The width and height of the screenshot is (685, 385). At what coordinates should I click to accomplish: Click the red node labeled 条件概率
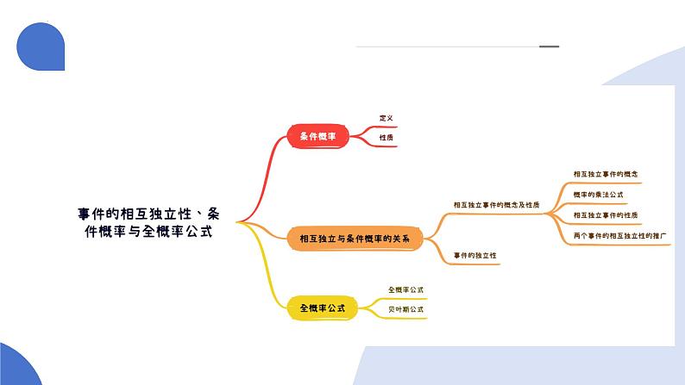(317, 136)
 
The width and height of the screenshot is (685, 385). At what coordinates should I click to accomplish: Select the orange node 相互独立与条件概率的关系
(355, 238)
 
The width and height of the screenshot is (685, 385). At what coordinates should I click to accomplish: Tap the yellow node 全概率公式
(323, 307)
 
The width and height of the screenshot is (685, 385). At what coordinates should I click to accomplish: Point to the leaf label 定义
(386, 118)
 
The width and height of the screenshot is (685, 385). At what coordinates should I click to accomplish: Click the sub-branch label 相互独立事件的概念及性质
(496, 205)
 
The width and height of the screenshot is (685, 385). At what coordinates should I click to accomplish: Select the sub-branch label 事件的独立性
(474, 256)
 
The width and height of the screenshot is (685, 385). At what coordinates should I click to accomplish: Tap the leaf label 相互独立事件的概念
(605, 174)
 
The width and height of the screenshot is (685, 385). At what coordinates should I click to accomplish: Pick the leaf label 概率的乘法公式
(599, 195)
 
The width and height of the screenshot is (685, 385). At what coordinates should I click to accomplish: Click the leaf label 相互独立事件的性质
(605, 214)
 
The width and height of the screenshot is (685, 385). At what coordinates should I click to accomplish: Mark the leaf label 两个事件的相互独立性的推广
(620, 235)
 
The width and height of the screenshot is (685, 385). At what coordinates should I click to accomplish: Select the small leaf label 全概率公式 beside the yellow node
(405, 290)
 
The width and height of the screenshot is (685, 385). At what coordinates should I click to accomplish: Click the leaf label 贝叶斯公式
(405, 309)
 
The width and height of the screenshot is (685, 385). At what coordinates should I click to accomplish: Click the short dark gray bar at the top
(549, 47)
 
